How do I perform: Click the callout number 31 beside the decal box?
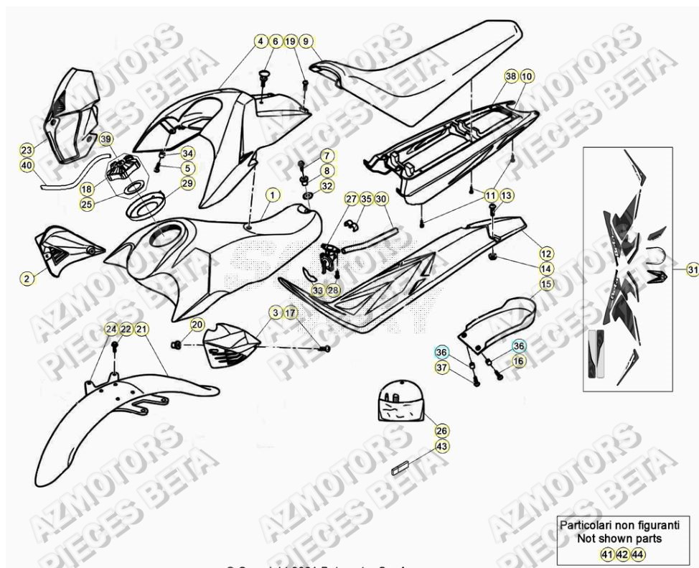pyautogui.click(x=692, y=269)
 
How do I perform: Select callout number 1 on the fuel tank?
pyautogui.click(x=273, y=195)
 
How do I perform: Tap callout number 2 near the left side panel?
pyautogui.click(x=28, y=278)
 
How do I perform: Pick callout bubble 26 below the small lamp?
pyautogui.click(x=442, y=431)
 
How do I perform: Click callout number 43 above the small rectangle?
pyautogui.click(x=442, y=446)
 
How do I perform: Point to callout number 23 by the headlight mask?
pyautogui.click(x=27, y=150)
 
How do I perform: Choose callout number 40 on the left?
pyautogui.click(x=27, y=165)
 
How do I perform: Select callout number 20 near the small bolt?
pyautogui.click(x=197, y=325)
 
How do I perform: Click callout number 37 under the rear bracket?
pyautogui.click(x=442, y=368)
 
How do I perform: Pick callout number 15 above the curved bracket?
pyautogui.click(x=546, y=284)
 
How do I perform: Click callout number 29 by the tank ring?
pyautogui.click(x=187, y=184)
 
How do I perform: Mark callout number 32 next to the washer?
pyautogui.click(x=327, y=187)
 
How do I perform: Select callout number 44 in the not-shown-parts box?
pyautogui.click(x=636, y=554)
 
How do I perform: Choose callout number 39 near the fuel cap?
pyautogui.click(x=105, y=139)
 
